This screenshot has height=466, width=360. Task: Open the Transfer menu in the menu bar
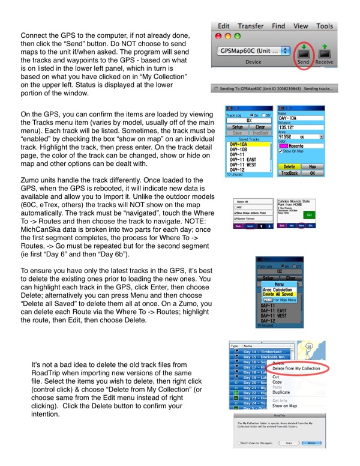pos(250,26)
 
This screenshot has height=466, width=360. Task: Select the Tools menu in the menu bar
pos(325,26)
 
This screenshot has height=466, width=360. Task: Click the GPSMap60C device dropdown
pos(252,52)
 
